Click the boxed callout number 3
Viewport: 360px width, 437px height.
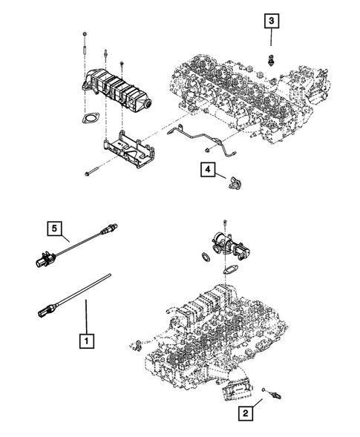[x=274, y=21]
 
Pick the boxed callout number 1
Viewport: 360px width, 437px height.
[x=87, y=341]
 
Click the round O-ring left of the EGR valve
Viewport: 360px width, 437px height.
[x=201, y=257]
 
